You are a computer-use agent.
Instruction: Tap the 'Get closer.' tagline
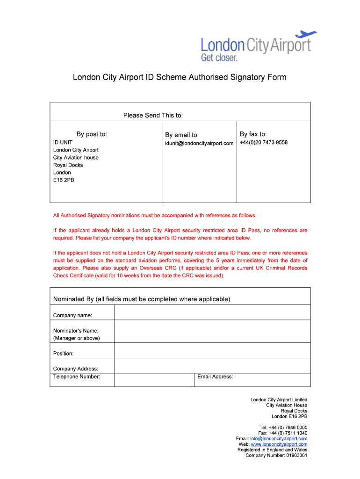click(x=219, y=58)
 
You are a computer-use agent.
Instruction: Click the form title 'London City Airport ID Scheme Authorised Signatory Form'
click(x=180, y=77)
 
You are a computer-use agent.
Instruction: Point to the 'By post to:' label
click(x=92, y=134)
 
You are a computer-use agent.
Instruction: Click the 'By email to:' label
click(x=182, y=135)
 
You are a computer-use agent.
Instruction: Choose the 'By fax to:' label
click(x=253, y=134)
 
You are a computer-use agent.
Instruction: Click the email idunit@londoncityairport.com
click(x=199, y=143)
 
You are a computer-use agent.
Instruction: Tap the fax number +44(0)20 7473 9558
click(x=264, y=143)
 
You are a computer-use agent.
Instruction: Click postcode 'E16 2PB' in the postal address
click(x=64, y=180)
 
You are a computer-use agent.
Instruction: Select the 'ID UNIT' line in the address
click(x=63, y=143)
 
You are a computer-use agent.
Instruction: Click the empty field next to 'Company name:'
click(x=212, y=312)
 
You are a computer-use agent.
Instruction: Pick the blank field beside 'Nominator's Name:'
click(x=212, y=331)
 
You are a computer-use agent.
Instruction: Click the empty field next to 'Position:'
click(x=212, y=350)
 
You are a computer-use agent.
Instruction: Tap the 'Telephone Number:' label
click(x=77, y=377)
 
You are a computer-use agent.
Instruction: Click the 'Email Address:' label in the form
click(x=215, y=377)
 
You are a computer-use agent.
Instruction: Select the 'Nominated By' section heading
click(x=142, y=299)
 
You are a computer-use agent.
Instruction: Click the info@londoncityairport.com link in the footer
click(x=279, y=439)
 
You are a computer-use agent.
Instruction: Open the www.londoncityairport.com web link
click(x=279, y=444)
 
